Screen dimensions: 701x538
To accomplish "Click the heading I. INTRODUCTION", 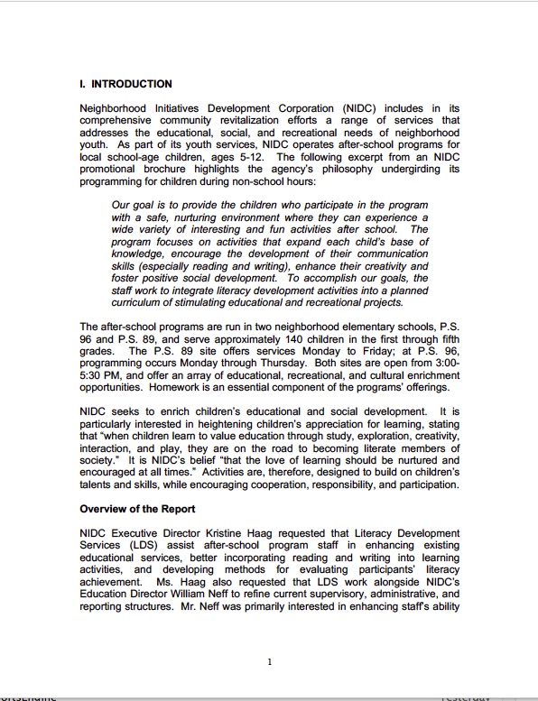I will (x=125, y=84).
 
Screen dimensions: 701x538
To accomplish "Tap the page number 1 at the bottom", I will (x=269, y=662).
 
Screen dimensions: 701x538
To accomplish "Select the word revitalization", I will (x=247, y=120).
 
